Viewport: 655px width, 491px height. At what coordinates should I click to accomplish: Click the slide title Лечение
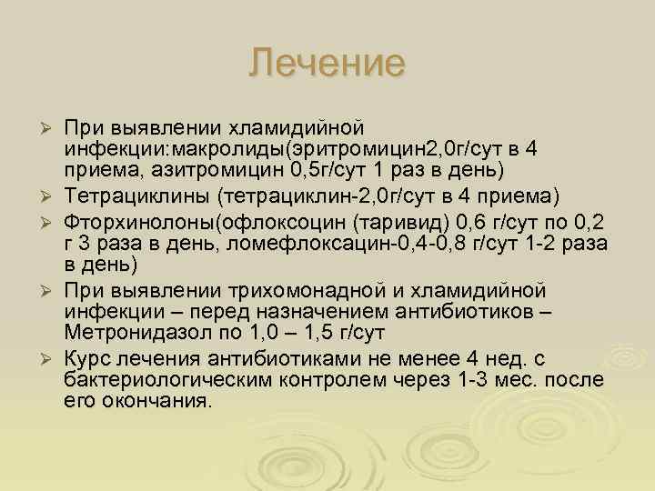coord(327,63)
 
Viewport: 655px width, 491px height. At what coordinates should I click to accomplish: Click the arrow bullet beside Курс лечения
coord(53,359)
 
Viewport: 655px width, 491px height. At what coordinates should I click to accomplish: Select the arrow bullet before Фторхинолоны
coord(53,221)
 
